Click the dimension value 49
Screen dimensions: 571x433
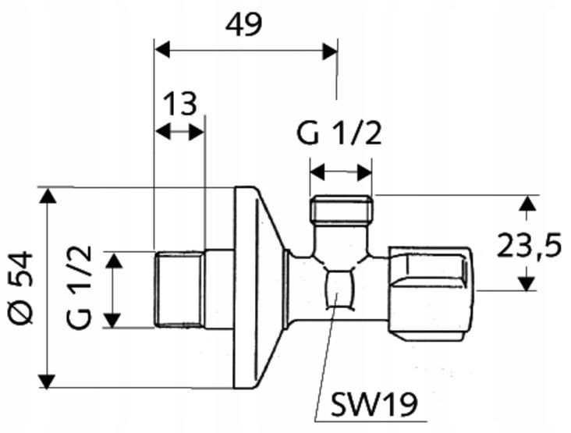tap(243, 25)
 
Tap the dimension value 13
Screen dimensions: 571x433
tap(180, 104)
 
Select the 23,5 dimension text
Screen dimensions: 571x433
tap(529, 245)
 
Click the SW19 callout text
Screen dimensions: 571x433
tap(374, 404)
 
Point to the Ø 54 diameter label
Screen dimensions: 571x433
tap(21, 287)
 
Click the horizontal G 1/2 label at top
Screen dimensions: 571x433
tap(339, 133)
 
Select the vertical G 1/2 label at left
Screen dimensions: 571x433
tap(79, 288)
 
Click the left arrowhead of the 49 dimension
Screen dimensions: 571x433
tap(162, 49)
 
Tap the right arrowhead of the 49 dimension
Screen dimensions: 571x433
tap(330, 51)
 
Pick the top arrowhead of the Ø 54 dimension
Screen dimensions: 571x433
tap(48, 196)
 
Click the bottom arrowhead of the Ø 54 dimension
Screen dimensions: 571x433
tap(47, 381)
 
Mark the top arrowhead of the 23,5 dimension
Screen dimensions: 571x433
tap(527, 203)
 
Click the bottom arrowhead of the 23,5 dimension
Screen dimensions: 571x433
tap(527, 283)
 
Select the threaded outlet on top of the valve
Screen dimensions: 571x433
tap(341, 209)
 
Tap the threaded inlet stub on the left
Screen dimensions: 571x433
tap(179, 289)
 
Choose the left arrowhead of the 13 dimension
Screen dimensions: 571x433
tap(163, 132)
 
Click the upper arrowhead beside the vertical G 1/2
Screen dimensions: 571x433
tap(114, 261)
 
